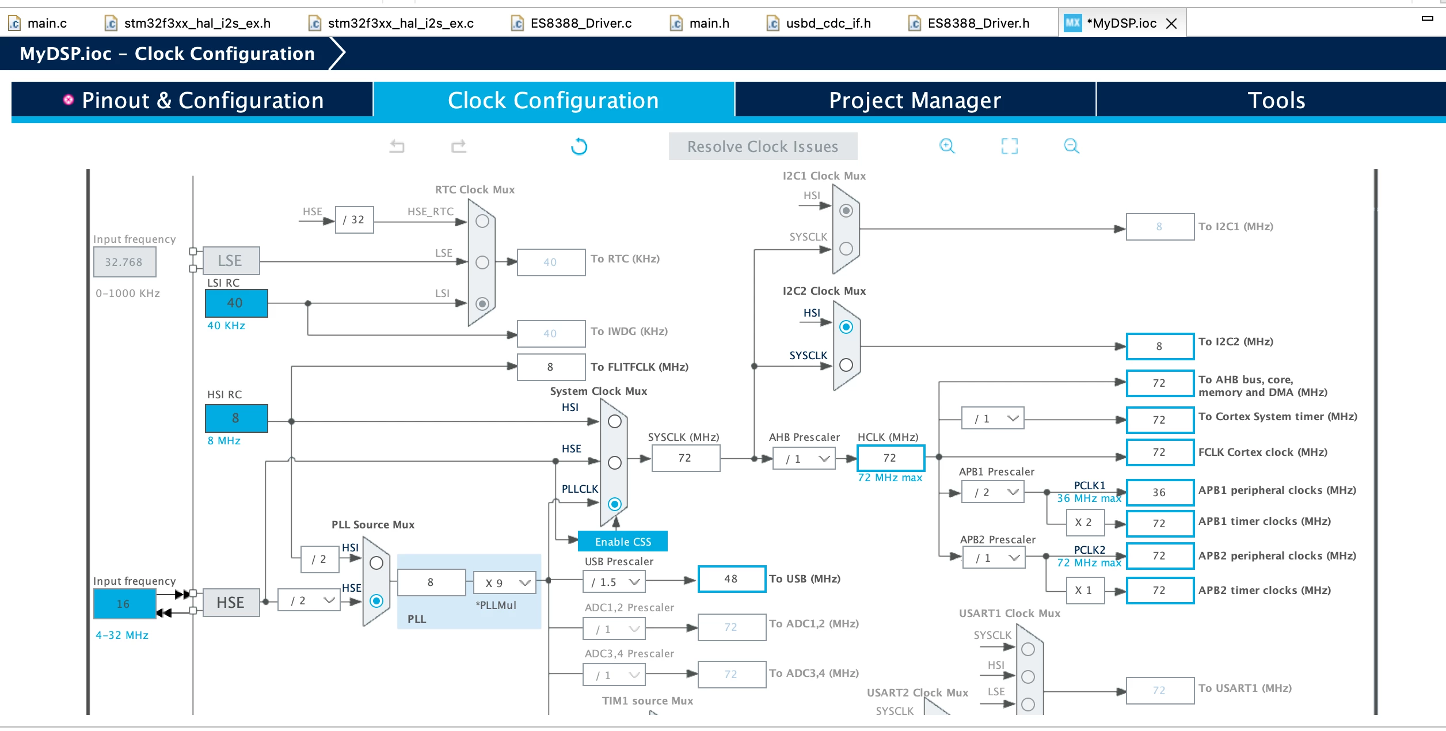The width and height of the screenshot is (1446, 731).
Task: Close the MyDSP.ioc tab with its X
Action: [x=1171, y=24]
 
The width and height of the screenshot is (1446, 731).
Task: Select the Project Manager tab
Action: [x=915, y=101]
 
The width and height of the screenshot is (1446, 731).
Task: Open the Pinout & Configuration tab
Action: [x=192, y=101]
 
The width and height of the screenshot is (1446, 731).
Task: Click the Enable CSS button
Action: [x=623, y=542]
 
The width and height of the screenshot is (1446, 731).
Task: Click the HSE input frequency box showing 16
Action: [x=124, y=604]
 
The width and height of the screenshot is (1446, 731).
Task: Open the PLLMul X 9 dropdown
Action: [x=505, y=582]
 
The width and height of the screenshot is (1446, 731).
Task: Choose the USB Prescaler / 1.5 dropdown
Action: [x=614, y=582]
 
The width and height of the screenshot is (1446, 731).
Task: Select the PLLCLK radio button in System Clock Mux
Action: [x=615, y=504]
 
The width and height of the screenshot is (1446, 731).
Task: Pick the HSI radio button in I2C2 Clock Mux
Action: [x=846, y=327]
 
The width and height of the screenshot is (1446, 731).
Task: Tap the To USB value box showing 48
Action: [x=732, y=578]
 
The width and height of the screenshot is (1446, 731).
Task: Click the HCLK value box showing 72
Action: [x=891, y=458]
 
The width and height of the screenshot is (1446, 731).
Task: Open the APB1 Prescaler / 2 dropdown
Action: [x=993, y=492]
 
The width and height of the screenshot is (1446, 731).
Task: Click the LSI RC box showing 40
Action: [x=237, y=303]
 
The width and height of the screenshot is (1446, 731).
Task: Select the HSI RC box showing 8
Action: [x=237, y=418]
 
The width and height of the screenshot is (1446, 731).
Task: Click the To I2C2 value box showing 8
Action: [x=1160, y=347]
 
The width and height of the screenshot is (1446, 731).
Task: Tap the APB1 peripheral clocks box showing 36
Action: [x=1160, y=493]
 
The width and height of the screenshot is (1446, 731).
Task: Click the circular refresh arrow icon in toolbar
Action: [x=579, y=147]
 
